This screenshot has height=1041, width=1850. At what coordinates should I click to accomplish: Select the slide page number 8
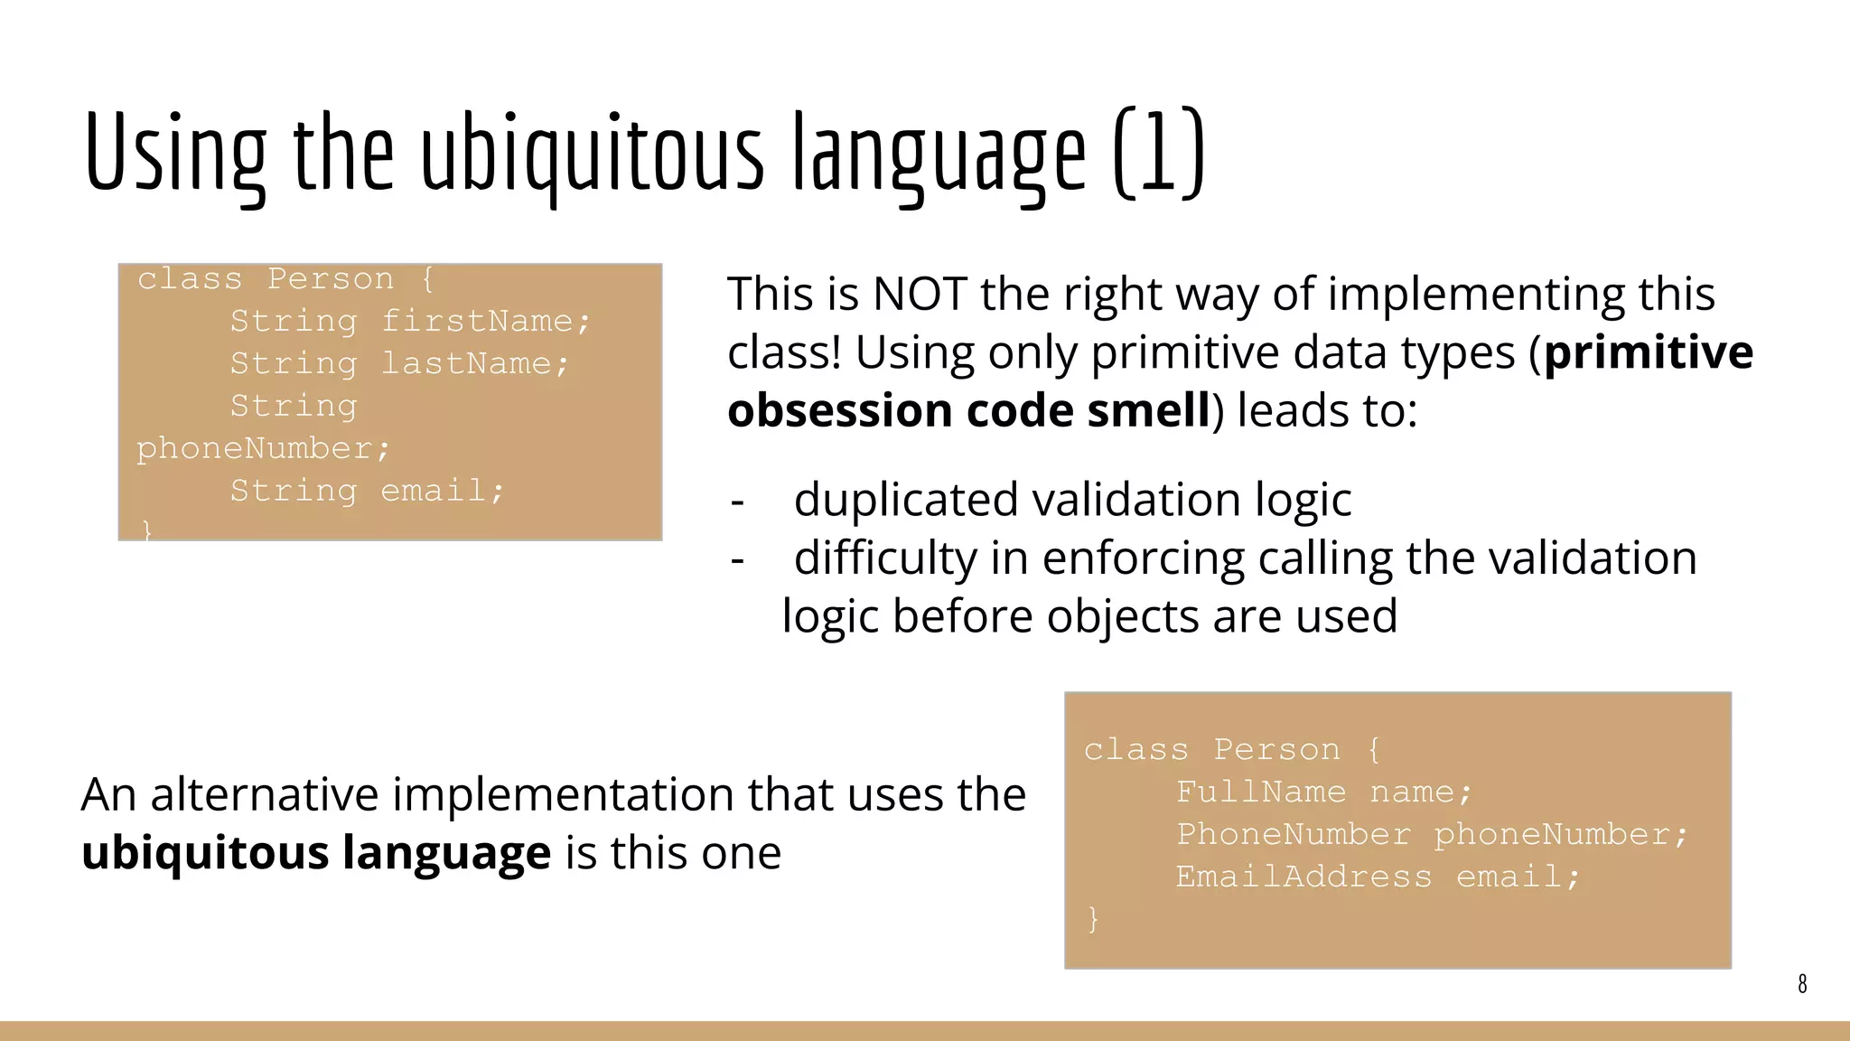pos(1802,984)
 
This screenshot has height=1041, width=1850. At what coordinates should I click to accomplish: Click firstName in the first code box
pos(485,321)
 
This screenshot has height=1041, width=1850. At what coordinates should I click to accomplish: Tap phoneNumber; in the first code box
pos(263,448)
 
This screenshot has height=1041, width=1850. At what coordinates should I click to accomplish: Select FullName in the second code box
pos(1260,792)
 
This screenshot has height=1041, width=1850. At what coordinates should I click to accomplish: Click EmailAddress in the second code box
pos(1303,877)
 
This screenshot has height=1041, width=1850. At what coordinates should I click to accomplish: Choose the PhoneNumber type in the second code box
pos(1293,834)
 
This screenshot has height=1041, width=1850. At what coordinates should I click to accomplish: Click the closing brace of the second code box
pos(1093,919)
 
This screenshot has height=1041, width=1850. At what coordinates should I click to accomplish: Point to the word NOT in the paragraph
pos(920,294)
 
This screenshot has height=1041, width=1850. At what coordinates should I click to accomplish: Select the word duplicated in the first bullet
pos(906,500)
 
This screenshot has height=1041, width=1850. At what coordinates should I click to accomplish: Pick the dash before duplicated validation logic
pos(737,502)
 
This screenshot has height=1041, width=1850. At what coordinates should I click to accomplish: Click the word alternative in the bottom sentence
pos(265,794)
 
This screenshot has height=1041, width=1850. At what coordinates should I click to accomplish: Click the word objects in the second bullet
pos(1123,616)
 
